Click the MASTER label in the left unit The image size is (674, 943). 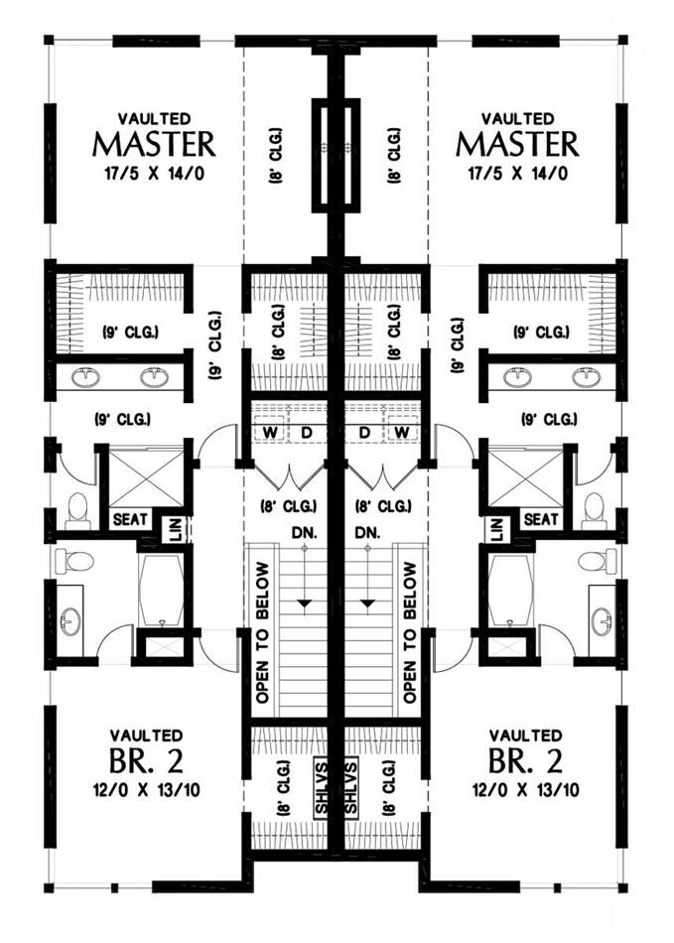click(154, 145)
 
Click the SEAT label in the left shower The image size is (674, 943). click(130, 519)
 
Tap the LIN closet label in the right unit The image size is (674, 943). click(491, 527)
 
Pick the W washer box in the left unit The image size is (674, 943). click(268, 433)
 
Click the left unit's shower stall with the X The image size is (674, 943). click(145, 478)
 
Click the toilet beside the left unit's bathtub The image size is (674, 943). click(74, 562)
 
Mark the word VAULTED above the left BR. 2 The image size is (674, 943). click(146, 736)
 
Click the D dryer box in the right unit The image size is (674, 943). click(366, 433)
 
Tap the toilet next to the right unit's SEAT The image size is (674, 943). click(595, 508)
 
